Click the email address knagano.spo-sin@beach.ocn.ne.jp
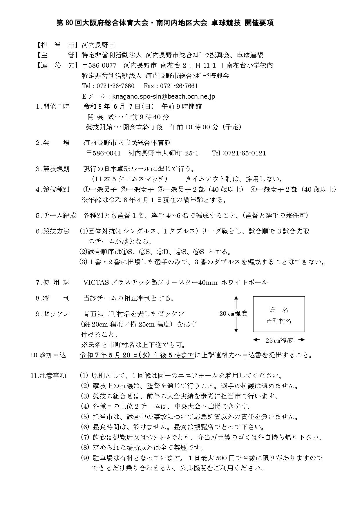pyautogui.click(x=164, y=96)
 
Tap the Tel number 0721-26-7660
pyautogui.click(x=115, y=86)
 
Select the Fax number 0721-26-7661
pyautogui.click(x=179, y=86)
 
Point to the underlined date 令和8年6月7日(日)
pyautogui.click(x=119, y=106)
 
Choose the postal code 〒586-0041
pyautogui.click(x=104, y=153)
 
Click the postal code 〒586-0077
pyautogui.click(x=99, y=65)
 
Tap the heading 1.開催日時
pyautogui.click(x=53, y=106)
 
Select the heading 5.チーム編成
pyautogui.click(x=56, y=215)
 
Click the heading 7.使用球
pyautogui.click(x=53, y=282)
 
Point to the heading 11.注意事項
pyautogui.click(x=48, y=376)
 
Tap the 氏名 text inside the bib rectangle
pyautogui.click(x=279, y=310)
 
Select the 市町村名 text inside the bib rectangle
pyautogui.click(x=279, y=321)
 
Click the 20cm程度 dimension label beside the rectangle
pyautogui.click(x=233, y=314)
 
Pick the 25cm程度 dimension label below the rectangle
pyautogui.click(x=279, y=341)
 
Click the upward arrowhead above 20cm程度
pyautogui.click(x=236, y=298)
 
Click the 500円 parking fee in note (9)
pyautogui.click(x=225, y=458)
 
